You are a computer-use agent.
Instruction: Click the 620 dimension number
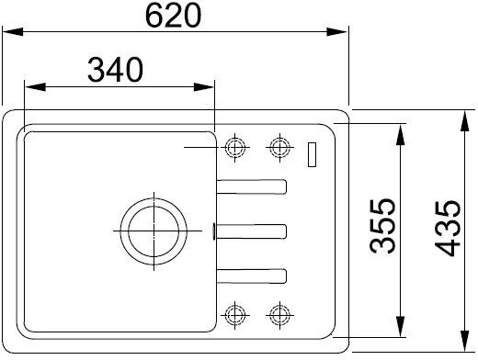(x=173, y=17)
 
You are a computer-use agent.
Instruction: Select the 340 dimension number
(x=115, y=70)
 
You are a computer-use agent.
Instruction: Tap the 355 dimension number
(x=382, y=226)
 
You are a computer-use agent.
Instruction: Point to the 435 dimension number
(x=448, y=228)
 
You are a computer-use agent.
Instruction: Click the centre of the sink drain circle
(x=154, y=231)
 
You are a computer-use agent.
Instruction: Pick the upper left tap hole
(x=235, y=148)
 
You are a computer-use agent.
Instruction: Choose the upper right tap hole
(x=279, y=148)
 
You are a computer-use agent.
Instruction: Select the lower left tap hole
(x=235, y=315)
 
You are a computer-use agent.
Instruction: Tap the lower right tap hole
(x=279, y=315)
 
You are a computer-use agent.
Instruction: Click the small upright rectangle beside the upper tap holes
(x=312, y=154)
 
